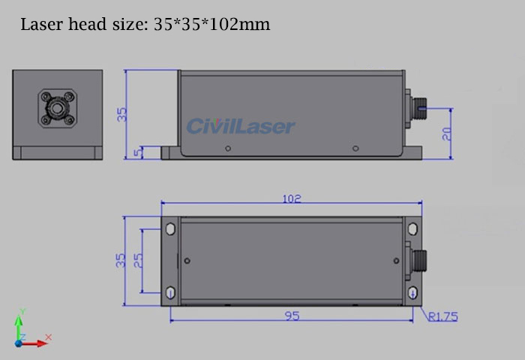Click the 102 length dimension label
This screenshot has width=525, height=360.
click(x=292, y=199)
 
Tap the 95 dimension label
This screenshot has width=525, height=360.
click(x=292, y=316)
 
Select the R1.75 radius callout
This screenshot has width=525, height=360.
click(x=443, y=316)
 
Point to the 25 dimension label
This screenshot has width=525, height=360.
click(x=138, y=260)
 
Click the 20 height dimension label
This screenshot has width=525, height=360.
click(x=447, y=134)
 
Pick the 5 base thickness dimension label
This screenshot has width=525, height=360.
click(x=137, y=153)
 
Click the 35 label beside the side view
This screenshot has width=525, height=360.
click(x=122, y=115)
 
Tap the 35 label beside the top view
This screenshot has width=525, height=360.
click(x=121, y=260)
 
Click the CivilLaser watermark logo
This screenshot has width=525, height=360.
click(x=241, y=126)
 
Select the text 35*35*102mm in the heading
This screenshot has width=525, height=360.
click(x=212, y=25)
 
